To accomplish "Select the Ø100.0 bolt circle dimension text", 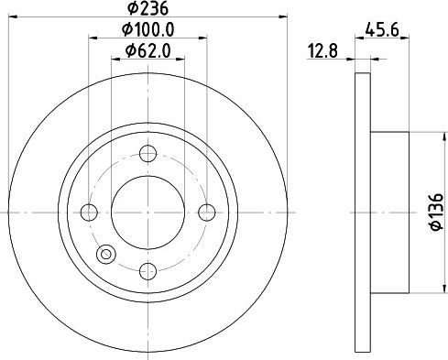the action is pos(148,29).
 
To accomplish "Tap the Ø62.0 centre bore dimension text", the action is pos(148,50).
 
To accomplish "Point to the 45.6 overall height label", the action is pos(382,30).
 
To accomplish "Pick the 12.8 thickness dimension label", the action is pos(323,51).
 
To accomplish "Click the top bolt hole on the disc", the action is pos(148,153).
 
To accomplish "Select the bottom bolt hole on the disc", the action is pos(148,271).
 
